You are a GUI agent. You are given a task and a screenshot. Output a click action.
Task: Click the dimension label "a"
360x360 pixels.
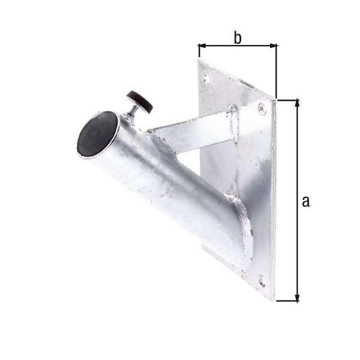pyautogui.click(x=305, y=202)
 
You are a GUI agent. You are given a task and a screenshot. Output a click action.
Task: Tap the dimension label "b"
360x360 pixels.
pyautogui.click(x=238, y=38)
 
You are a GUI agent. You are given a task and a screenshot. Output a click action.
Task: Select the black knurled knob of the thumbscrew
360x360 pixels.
pyautogui.click(x=139, y=101)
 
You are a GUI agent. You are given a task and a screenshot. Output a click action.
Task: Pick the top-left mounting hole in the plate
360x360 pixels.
pyautogui.click(x=207, y=78)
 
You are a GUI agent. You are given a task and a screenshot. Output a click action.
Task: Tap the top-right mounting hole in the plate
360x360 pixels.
pyautogui.click(x=262, y=109)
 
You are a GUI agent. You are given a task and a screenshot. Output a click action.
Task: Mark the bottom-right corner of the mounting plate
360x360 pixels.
pyautogui.click(x=274, y=299)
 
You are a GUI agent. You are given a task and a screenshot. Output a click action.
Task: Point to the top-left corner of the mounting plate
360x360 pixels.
pyautogui.click(x=199, y=60)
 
